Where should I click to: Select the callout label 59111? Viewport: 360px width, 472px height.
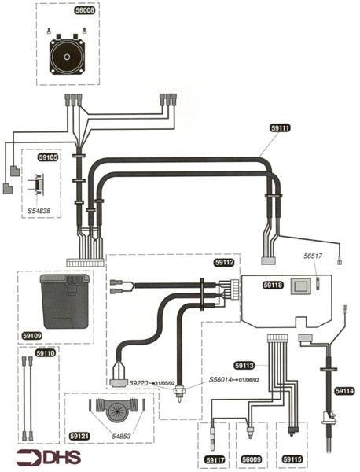pyautogui.click(x=280, y=127)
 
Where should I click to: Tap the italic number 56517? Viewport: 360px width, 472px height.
pyautogui.click(x=314, y=255)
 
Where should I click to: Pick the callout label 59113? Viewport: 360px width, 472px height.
pyautogui.click(x=245, y=365)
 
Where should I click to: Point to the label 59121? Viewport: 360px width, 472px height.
pyautogui.click(x=79, y=434)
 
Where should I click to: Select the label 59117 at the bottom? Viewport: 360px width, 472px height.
pyautogui.click(x=215, y=459)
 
